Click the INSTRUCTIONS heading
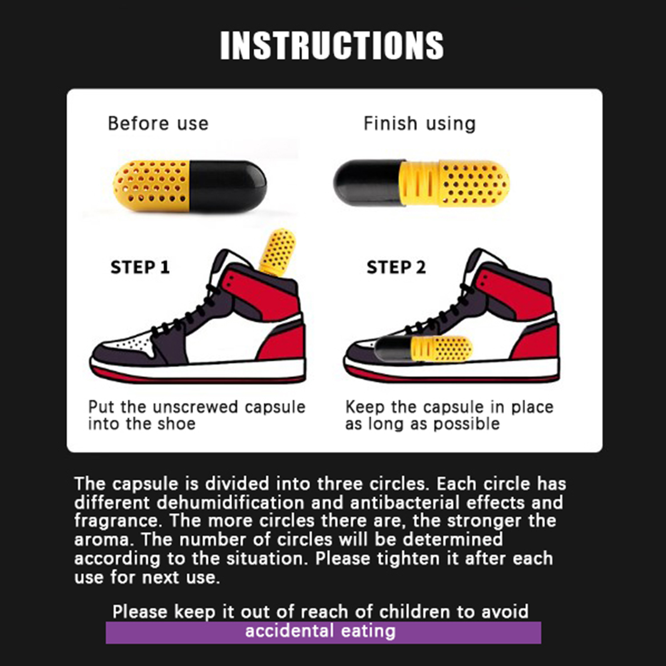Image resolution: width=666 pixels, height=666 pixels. pyautogui.click(x=332, y=45)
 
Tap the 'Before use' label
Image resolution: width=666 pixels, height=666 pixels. pyautogui.click(x=158, y=124)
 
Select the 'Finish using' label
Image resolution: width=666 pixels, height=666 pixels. pyautogui.click(x=420, y=124)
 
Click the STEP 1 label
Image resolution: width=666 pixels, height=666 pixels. pyautogui.click(x=140, y=267)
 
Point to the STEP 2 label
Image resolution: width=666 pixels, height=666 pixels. pyautogui.click(x=396, y=267)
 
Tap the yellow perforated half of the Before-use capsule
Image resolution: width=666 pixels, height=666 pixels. pyautogui.click(x=152, y=186)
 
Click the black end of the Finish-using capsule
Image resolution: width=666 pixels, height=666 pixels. pyautogui.click(x=368, y=182)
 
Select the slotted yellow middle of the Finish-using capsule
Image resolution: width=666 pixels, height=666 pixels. pyautogui.click(x=420, y=184)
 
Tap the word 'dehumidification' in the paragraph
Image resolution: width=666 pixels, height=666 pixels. pyautogui.click(x=231, y=503)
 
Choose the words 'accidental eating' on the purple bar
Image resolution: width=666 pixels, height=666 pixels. pyautogui.click(x=321, y=631)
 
